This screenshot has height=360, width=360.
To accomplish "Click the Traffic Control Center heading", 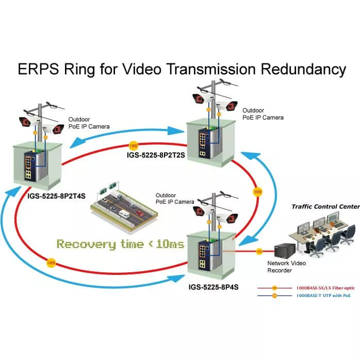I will [x=325, y=206].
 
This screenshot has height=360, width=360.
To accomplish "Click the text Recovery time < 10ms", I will [x=120, y=243].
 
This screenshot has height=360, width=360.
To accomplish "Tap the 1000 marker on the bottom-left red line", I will [x=51, y=262].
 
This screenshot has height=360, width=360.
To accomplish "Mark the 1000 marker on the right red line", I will [x=258, y=192].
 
